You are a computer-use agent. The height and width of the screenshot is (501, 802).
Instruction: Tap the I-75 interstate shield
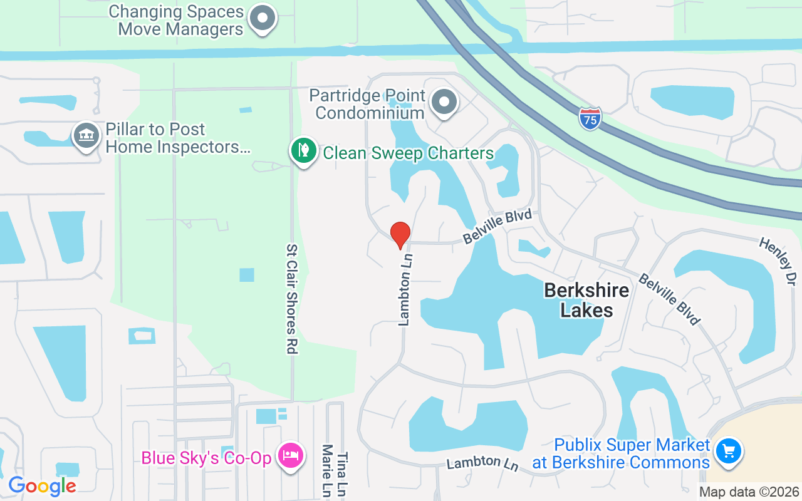[590, 118]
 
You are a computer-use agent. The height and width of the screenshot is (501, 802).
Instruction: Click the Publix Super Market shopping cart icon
[728, 450]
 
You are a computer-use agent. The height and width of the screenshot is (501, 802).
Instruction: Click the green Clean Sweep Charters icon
[303, 151]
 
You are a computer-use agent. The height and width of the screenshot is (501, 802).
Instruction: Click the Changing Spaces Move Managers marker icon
[263, 19]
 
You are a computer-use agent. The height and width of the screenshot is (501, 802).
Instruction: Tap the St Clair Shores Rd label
[291, 299]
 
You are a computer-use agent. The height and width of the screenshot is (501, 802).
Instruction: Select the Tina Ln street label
[342, 475]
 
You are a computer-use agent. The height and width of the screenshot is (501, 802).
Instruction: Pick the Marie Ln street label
[326, 470]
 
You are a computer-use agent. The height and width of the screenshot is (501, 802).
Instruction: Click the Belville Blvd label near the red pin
[497, 227]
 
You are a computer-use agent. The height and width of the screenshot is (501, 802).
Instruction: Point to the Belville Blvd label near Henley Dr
[669, 299]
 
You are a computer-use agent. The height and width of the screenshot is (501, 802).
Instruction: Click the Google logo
[42, 485]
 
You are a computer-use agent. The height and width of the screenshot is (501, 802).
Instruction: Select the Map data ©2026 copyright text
[749, 492]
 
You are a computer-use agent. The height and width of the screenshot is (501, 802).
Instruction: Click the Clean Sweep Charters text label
[408, 153]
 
